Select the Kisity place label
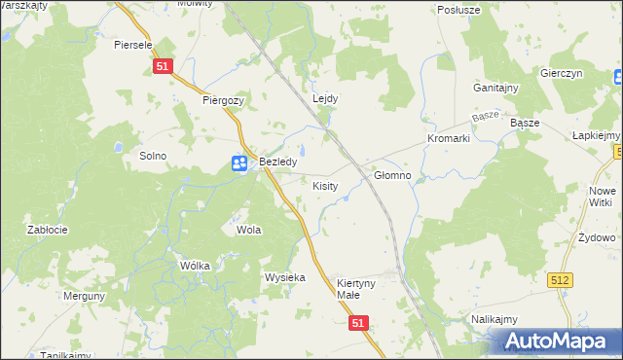(325, 185)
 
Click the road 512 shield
(560, 279)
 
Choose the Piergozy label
(223, 99)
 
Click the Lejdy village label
(325, 99)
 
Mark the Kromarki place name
(448, 139)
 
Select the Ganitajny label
(495, 88)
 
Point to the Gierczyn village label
(561, 74)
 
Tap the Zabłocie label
(47, 231)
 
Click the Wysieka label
(285, 277)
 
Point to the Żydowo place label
(596, 238)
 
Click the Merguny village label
(84, 296)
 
